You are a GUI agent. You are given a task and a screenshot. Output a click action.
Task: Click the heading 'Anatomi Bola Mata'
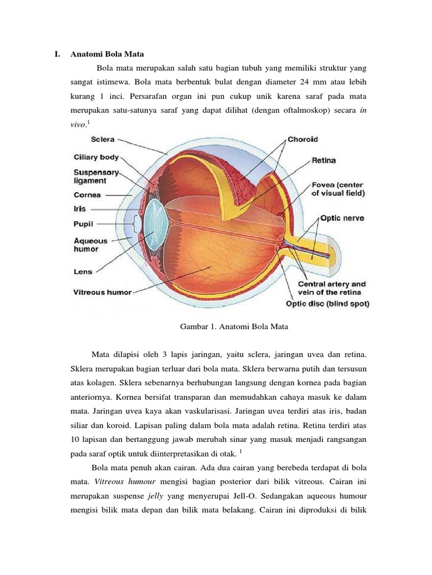click(x=107, y=54)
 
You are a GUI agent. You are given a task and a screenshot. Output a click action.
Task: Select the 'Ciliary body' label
click(x=96, y=158)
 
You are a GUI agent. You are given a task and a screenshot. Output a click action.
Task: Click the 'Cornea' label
click(x=87, y=195)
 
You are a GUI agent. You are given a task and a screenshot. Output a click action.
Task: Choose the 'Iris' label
click(x=80, y=208)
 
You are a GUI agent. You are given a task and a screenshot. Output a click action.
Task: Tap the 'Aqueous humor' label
click(x=91, y=244)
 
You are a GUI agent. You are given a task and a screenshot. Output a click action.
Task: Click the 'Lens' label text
click(x=83, y=271)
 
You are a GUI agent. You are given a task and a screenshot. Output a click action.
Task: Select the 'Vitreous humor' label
click(x=102, y=292)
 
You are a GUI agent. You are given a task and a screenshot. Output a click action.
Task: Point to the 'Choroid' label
click(x=303, y=139)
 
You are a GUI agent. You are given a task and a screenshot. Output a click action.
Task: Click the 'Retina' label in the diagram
click(x=323, y=161)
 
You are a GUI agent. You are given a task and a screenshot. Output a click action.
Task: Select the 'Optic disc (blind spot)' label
click(x=327, y=304)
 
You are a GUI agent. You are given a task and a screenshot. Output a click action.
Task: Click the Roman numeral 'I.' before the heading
click(x=57, y=54)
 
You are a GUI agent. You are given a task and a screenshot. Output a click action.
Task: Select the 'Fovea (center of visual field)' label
click(x=337, y=189)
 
